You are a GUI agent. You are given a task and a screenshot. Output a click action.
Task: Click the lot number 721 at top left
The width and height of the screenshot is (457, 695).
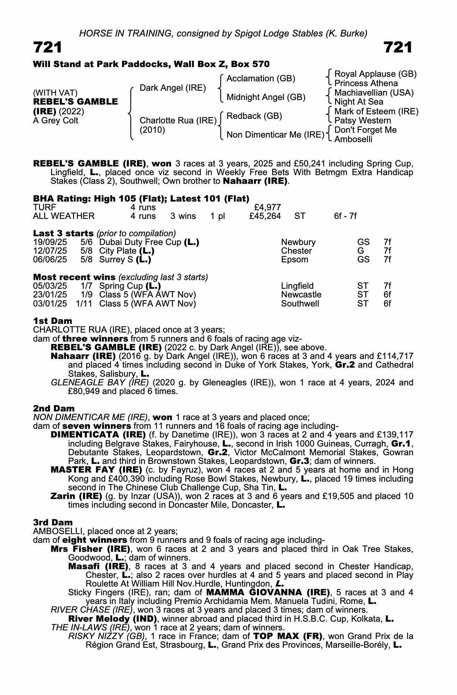pyautogui.click(x=48, y=48)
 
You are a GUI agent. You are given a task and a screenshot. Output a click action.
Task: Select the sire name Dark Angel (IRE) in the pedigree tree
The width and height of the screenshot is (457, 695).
pyautogui.click(x=173, y=88)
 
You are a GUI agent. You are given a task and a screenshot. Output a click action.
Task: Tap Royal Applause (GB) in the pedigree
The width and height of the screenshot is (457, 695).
pyautogui.click(x=375, y=74)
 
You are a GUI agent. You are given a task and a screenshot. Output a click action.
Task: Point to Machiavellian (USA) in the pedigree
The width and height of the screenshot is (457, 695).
pyautogui.click(x=374, y=93)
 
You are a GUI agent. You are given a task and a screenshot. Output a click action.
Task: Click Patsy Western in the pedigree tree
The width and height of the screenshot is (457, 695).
pyautogui.click(x=362, y=121)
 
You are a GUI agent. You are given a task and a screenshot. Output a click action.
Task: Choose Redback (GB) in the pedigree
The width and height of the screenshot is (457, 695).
pyautogui.click(x=254, y=116)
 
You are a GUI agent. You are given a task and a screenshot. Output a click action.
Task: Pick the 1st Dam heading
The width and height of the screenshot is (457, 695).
pyautogui.click(x=52, y=321)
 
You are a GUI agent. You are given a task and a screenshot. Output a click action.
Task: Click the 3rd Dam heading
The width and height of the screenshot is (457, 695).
pyautogui.click(x=53, y=522)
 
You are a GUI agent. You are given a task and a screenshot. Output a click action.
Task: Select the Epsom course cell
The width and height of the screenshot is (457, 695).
pyautogui.click(x=294, y=260)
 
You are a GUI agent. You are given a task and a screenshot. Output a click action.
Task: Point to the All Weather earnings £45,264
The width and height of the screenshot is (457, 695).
pyautogui.click(x=265, y=216)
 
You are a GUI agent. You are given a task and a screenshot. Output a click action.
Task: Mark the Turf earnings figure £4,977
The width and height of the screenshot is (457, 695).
pyautogui.click(x=268, y=207)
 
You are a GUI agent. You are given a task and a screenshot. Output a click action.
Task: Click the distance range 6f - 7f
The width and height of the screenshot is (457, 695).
pyautogui.click(x=345, y=216)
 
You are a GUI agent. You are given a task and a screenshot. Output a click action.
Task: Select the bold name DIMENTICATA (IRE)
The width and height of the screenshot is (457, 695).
pyautogui.click(x=98, y=435)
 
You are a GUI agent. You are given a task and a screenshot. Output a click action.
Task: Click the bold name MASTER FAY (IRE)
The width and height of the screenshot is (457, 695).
pyautogui.click(x=96, y=470)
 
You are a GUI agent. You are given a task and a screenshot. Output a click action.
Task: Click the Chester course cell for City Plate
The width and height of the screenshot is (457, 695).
pyautogui.click(x=296, y=251)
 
